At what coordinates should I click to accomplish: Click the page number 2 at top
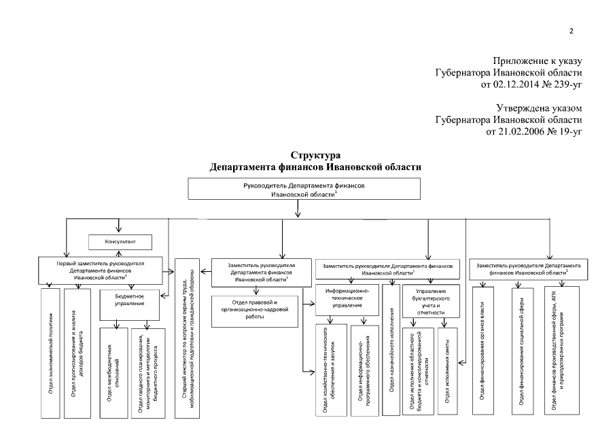(571, 31)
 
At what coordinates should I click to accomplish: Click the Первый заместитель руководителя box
(101, 268)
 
